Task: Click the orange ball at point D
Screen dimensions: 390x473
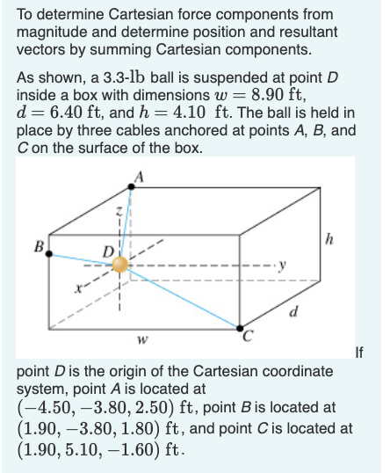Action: point(121,265)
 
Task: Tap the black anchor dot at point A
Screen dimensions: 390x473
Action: point(134,186)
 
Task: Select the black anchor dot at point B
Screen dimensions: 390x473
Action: point(49,253)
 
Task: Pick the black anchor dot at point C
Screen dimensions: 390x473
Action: point(239,327)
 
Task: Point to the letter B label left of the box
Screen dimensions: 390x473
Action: point(38,246)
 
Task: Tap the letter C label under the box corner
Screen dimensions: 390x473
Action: point(249,335)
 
